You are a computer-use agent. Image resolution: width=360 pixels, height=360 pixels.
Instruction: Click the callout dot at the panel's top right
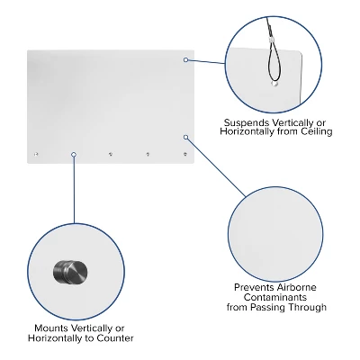tap(186, 60)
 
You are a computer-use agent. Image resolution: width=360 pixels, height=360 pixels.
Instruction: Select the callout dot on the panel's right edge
tap(186, 138)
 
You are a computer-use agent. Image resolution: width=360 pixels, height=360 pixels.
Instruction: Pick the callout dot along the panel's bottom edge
tap(74, 155)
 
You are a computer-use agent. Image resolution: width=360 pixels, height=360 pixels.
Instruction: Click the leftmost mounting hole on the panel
tap(36, 155)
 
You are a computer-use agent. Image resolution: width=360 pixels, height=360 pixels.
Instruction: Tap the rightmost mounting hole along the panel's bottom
tap(184, 155)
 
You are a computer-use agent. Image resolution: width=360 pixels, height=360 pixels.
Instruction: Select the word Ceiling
tap(315, 132)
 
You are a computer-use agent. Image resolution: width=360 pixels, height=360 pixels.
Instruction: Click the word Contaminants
tap(275, 297)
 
